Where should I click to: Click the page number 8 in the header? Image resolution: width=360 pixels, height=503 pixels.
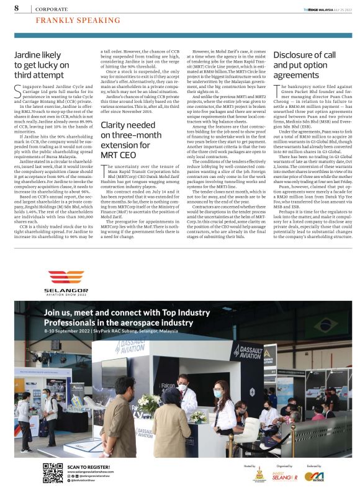click(16, 8)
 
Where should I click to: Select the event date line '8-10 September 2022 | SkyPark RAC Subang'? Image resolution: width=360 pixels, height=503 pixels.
click(118, 331)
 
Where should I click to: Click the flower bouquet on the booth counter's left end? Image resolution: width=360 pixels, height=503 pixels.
click(149, 403)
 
